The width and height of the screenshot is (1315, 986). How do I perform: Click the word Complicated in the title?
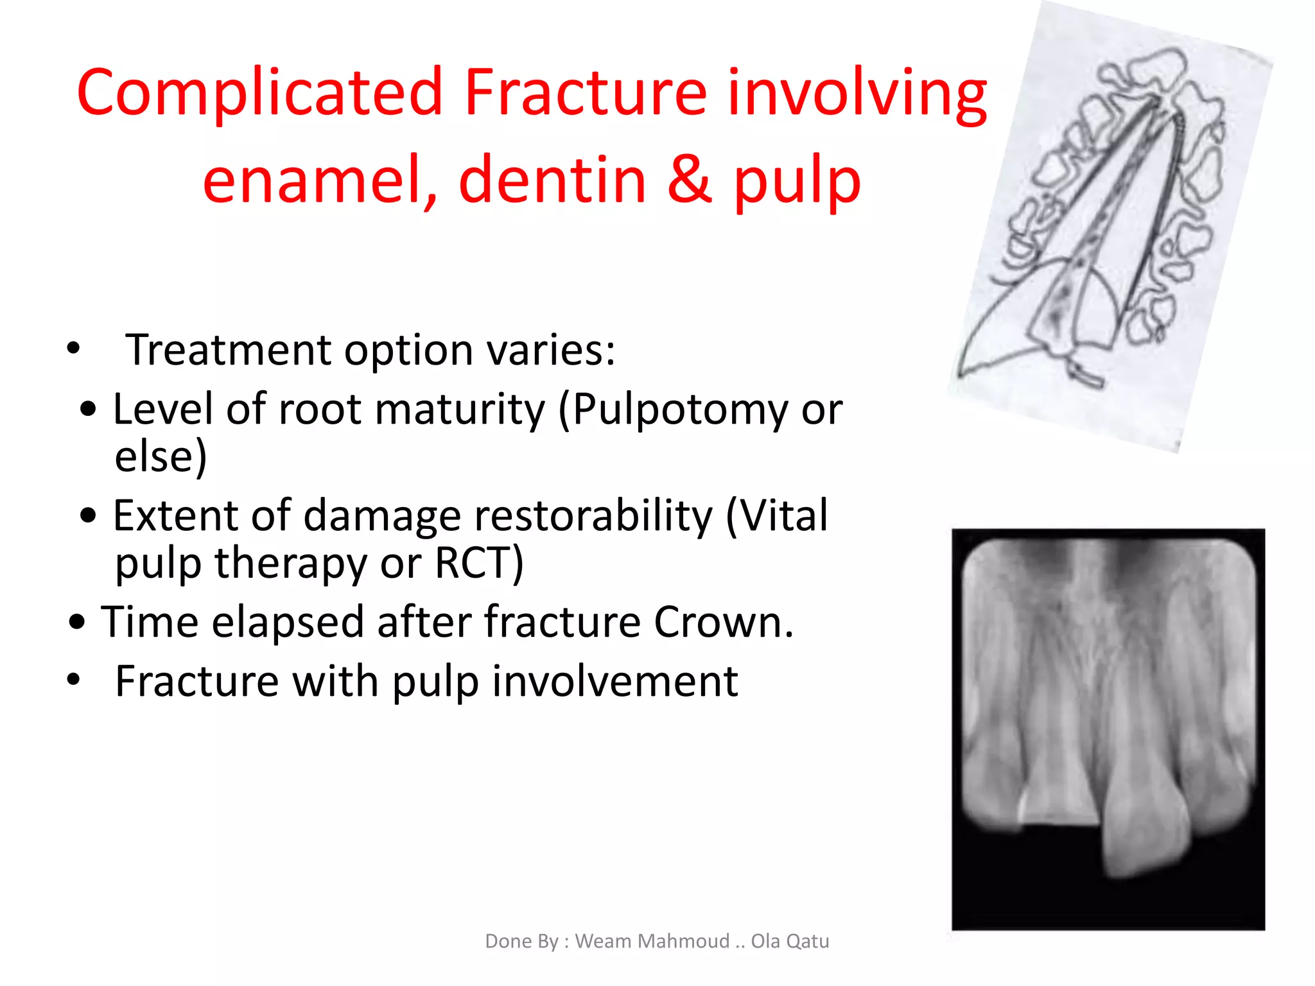(x=259, y=93)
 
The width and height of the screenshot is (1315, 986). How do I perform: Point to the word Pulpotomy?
(x=680, y=410)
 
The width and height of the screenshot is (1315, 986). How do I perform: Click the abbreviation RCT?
(x=478, y=563)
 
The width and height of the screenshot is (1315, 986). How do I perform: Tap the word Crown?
(x=724, y=622)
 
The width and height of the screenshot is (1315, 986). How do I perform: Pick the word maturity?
(x=460, y=410)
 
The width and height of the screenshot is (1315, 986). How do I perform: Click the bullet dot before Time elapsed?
(x=78, y=622)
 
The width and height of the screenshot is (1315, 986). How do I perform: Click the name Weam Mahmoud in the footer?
(x=652, y=941)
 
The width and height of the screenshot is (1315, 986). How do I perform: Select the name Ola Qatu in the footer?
(x=790, y=941)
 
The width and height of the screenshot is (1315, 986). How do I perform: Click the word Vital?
(x=778, y=515)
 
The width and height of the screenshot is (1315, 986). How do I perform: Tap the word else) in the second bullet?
(x=161, y=456)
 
